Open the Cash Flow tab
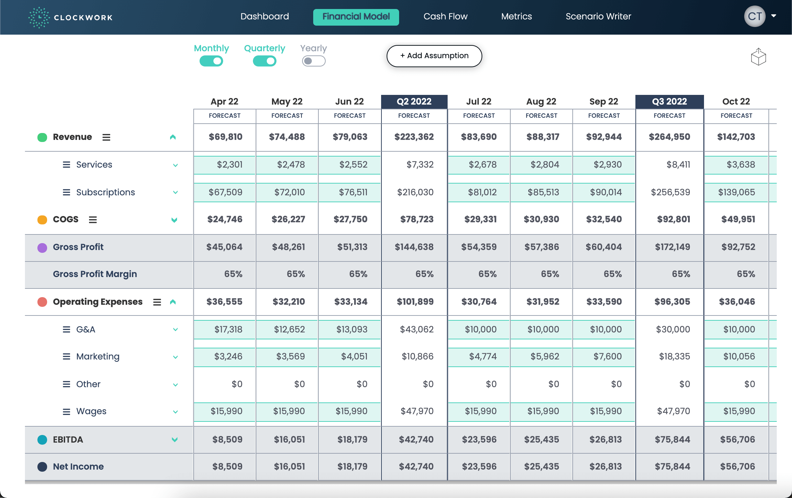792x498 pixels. [x=445, y=17]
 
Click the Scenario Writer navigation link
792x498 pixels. [x=598, y=17]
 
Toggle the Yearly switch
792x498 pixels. [x=314, y=61]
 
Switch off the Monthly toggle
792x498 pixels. [x=211, y=61]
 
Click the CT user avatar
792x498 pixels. [x=755, y=16]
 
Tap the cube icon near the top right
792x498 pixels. [x=758, y=57]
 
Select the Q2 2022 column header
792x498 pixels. [x=414, y=101]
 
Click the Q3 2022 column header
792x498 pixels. [x=669, y=101]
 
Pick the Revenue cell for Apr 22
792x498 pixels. [x=225, y=137]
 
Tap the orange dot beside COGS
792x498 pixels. [x=42, y=220]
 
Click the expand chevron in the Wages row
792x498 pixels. [x=175, y=412]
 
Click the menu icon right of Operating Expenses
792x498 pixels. [x=157, y=302]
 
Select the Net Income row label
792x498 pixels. [x=78, y=466]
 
